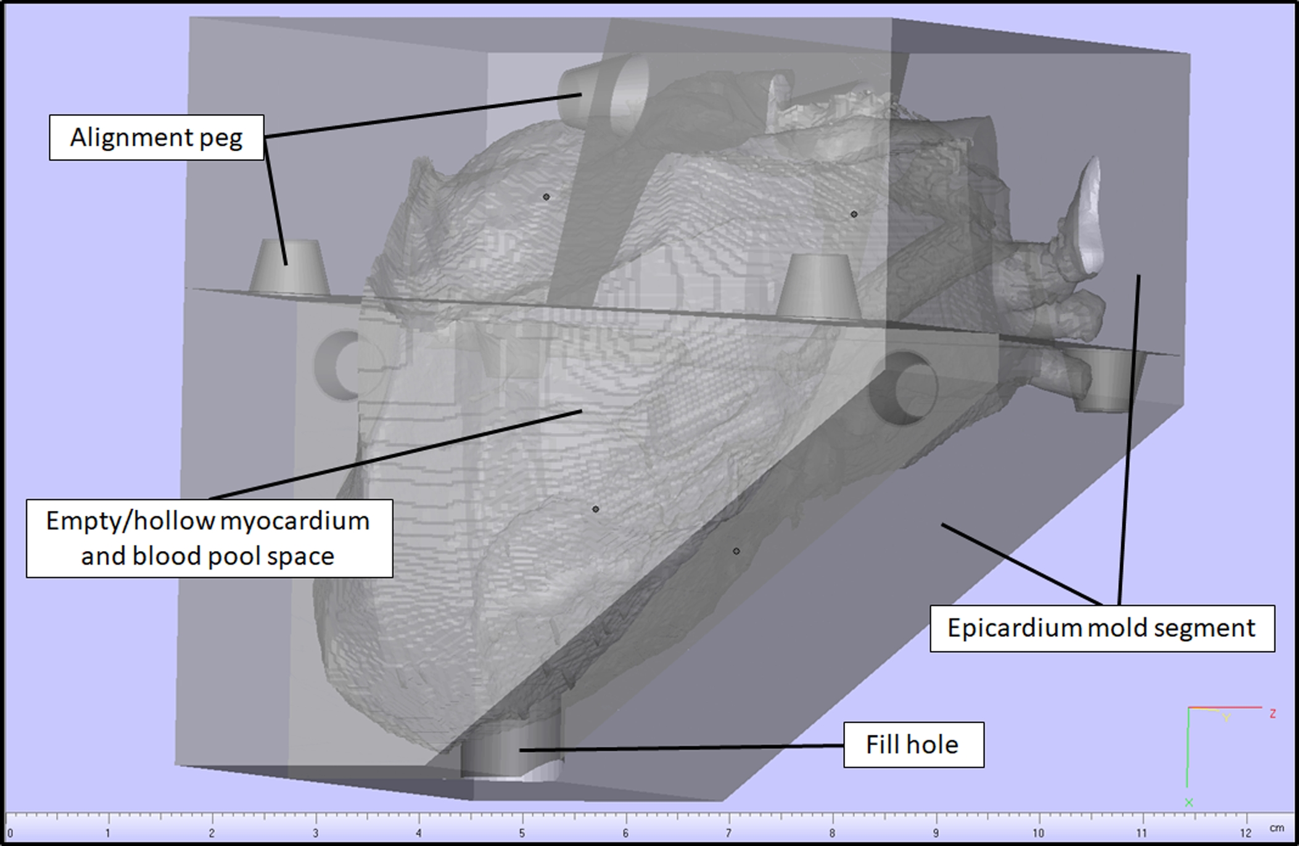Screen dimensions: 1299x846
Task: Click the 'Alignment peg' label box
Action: (x=157, y=138)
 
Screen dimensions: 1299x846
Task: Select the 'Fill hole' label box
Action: (x=913, y=745)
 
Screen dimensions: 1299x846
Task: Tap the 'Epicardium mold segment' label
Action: (x=1102, y=628)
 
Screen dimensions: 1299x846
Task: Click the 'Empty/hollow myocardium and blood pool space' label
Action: (x=209, y=538)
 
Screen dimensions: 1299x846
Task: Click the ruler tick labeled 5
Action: (x=522, y=833)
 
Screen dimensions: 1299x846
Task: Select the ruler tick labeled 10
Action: (x=1039, y=833)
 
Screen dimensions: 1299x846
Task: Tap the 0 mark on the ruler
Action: (x=9, y=833)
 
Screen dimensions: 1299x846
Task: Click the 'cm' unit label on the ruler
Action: (x=1277, y=827)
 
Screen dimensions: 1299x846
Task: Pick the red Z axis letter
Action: (x=1272, y=713)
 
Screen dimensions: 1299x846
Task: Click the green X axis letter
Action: (x=1189, y=803)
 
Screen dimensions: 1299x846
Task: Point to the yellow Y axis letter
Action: (x=1226, y=718)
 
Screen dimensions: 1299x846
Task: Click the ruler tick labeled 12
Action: (x=1245, y=833)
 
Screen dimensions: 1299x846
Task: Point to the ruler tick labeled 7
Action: (x=728, y=833)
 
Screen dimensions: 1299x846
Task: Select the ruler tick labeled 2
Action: (x=212, y=833)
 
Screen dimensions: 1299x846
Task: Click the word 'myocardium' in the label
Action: (x=295, y=521)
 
